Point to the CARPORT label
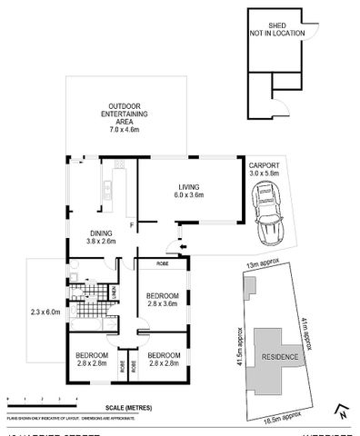coord(265,164)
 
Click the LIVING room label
coord(189,185)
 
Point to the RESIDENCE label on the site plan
coord(280,356)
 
